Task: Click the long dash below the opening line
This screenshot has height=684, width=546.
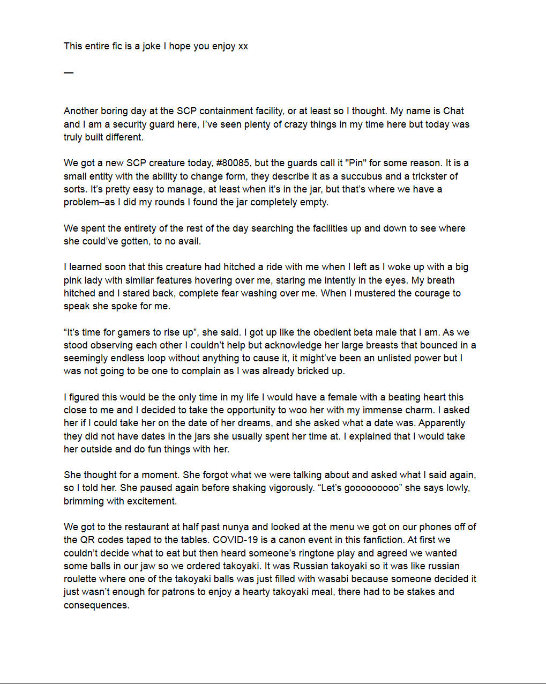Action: pyautogui.click(x=68, y=72)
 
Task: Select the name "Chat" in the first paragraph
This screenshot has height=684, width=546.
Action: pyautogui.click(x=453, y=111)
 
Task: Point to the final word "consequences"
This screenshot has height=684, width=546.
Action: pyautogui.click(x=96, y=605)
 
